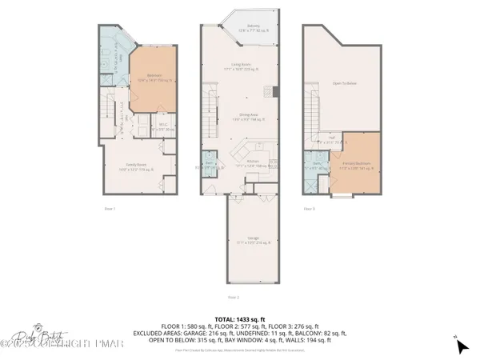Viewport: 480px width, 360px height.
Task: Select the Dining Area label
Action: [x=239, y=118]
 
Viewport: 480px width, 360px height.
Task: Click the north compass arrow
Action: [x=462, y=345]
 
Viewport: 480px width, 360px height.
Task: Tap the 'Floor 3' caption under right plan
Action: [x=309, y=209]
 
